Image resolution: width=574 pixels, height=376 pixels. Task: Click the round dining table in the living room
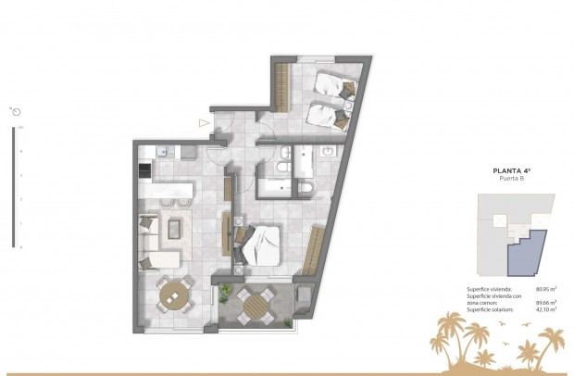pyautogui.click(x=173, y=295)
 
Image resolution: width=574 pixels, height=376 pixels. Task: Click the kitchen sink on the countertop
pyautogui.click(x=164, y=151)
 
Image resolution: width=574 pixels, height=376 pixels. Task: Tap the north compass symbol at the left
pyautogui.click(x=16, y=111)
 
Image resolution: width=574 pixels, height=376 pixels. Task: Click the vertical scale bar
pyautogui.click(x=13, y=185)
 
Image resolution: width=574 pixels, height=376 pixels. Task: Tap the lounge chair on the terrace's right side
pyautogui.click(x=302, y=300)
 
